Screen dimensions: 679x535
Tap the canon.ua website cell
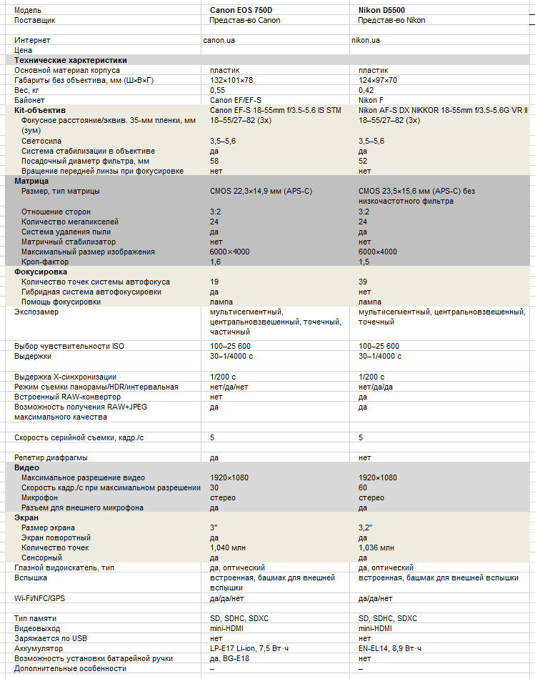tap(219, 41)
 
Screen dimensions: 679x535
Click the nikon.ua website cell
tap(365, 41)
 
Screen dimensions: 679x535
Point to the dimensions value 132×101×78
tap(231, 81)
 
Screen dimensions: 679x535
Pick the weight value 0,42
tap(366, 91)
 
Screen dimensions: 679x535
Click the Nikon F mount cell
tap(371, 101)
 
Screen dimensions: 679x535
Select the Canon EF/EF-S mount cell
tap(236, 101)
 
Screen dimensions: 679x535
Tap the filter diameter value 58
tap(214, 161)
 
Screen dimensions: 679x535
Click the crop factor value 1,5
tap(364, 262)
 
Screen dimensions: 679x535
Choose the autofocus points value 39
tap(363, 282)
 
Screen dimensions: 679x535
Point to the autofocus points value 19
tap(214, 282)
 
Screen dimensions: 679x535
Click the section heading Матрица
tap(31, 182)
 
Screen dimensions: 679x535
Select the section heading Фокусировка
tap(41, 272)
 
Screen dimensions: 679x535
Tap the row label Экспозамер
tap(35, 312)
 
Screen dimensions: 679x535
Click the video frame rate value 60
tap(363, 487)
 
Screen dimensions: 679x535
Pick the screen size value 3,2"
tap(365, 527)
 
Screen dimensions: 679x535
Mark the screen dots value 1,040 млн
tap(226, 547)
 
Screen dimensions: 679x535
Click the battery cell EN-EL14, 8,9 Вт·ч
tap(389, 648)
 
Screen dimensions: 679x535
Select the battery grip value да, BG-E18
tap(231, 658)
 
